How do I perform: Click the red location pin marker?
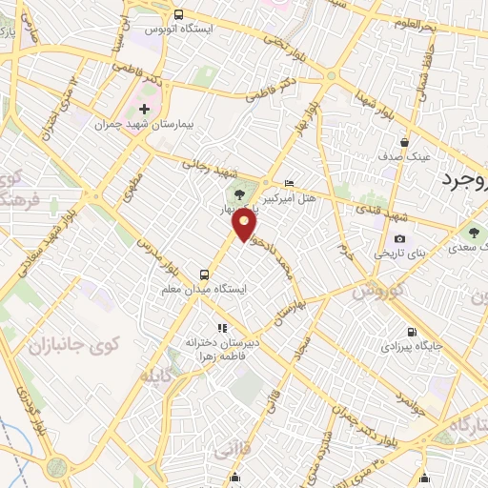click(246, 225)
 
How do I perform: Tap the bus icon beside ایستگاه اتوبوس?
click(178, 13)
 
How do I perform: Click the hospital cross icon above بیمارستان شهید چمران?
click(144, 110)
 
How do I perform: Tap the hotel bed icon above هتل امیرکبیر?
click(290, 182)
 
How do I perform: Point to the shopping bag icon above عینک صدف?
click(404, 143)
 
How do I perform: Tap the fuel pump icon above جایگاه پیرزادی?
click(411, 332)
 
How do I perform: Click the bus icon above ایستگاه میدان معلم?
click(202, 272)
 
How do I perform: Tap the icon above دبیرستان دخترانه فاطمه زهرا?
click(222, 328)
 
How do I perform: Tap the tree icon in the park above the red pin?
click(252, 193)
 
